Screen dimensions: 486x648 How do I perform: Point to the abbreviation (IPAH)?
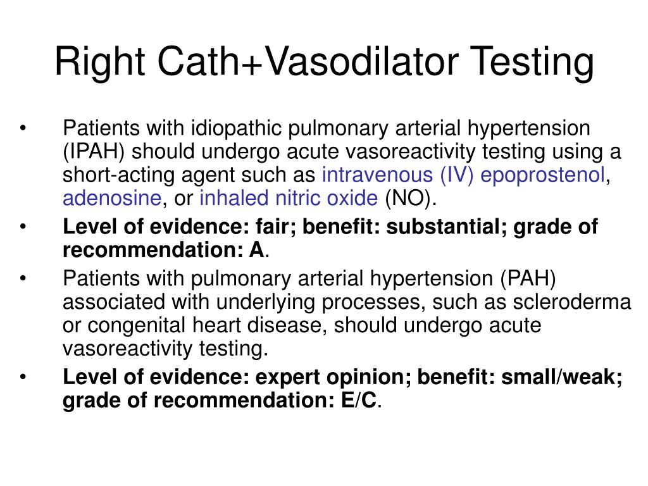94,153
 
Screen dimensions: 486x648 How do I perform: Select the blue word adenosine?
111,198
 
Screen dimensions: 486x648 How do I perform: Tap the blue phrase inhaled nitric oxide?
288,198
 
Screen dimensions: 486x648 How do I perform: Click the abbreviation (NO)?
409,198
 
